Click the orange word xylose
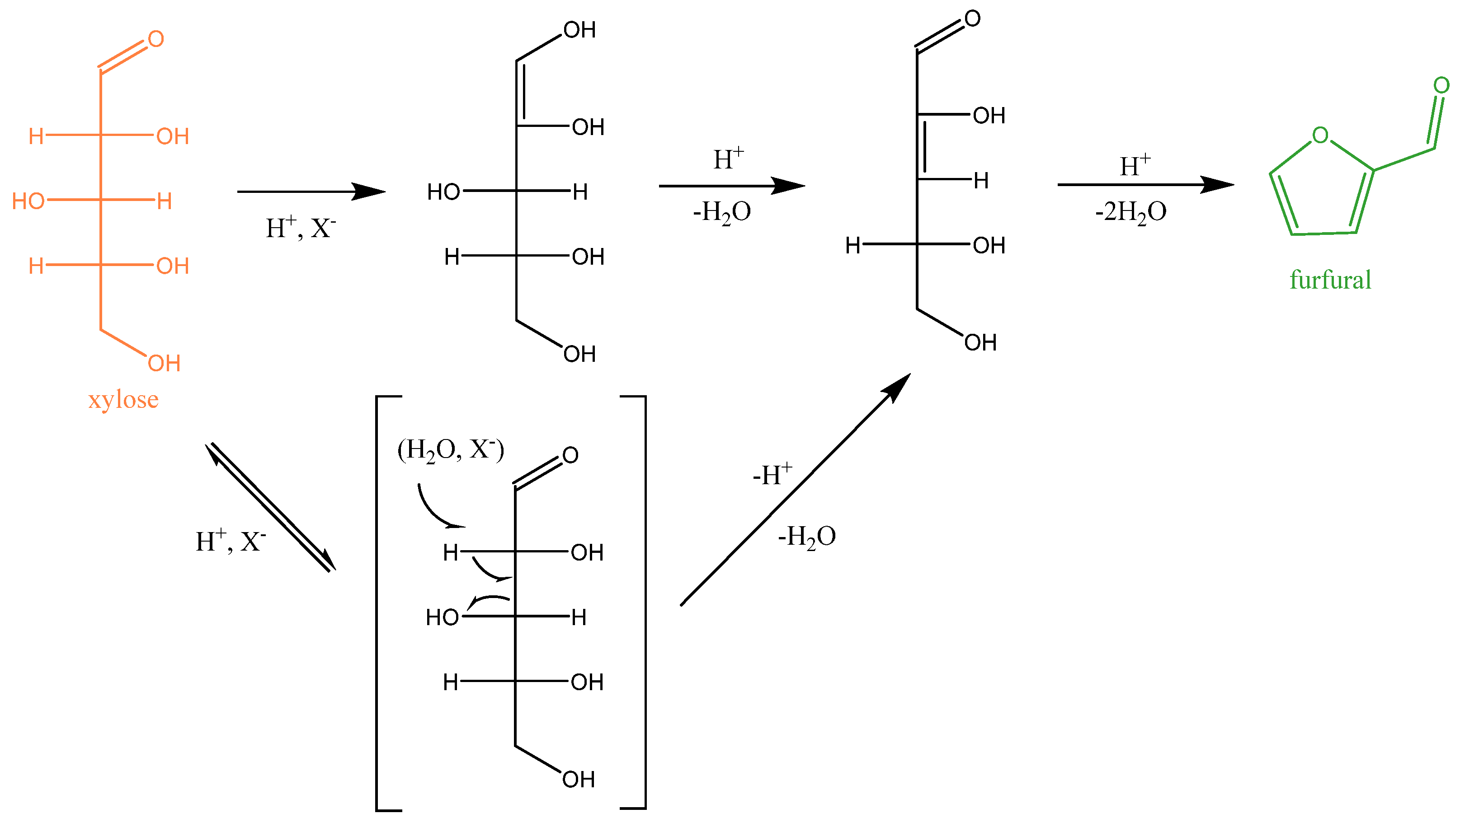123,400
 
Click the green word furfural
1330,280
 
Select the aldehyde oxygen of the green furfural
1441,85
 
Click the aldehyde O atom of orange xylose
156,39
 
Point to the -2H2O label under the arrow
1130,212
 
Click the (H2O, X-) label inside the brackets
451,450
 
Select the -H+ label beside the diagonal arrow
772,474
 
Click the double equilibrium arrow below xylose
271,507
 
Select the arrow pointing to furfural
1145,185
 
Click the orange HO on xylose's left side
28,201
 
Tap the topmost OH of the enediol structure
579,30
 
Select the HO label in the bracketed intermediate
442,617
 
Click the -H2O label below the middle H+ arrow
721,212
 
